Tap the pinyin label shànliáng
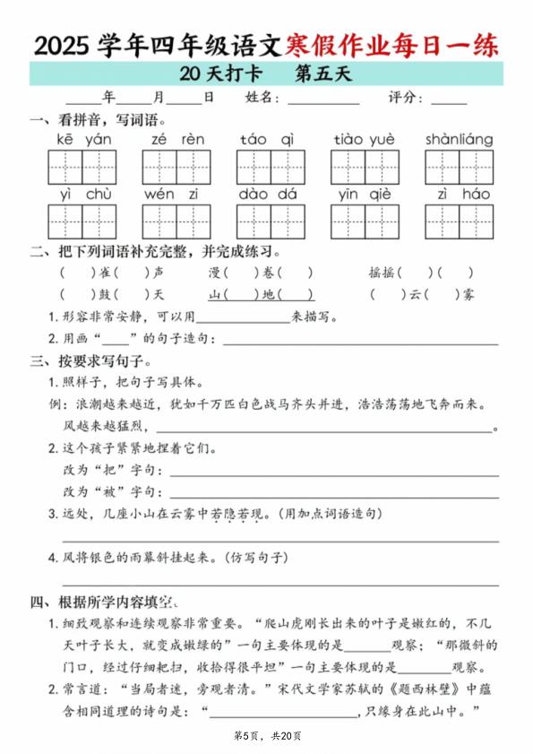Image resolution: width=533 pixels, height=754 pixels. [x=459, y=139]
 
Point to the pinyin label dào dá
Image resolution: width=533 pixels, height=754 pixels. [x=269, y=194]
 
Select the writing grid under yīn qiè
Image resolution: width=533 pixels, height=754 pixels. [x=365, y=221]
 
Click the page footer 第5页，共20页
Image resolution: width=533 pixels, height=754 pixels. [x=267, y=736]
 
